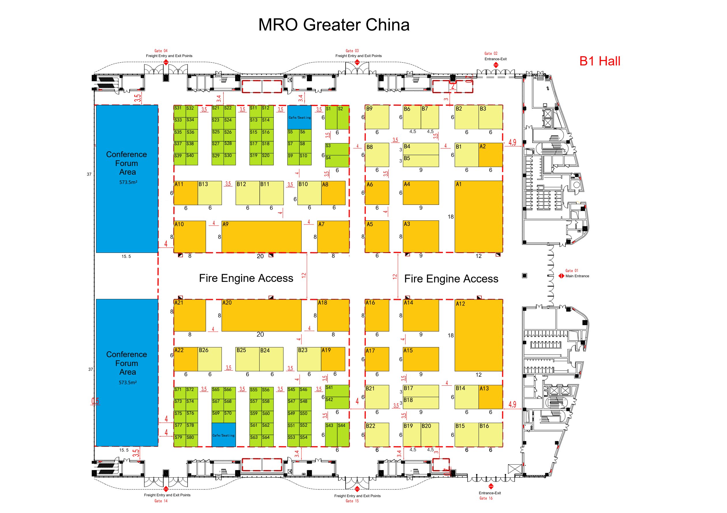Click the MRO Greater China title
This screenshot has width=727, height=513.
pyautogui.click(x=334, y=25)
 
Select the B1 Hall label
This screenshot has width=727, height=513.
pyautogui.click(x=600, y=61)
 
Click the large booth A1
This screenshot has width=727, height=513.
pyautogui.click(x=478, y=216)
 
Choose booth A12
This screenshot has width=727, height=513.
pyautogui.click(x=478, y=335)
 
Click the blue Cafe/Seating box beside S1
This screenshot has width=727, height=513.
pyautogui.click(x=299, y=117)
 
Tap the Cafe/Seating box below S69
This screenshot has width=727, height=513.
pyautogui.click(x=224, y=435)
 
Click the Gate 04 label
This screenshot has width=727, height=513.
pyautogui.click(x=161, y=51)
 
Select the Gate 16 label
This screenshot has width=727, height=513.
pyautogui.click(x=486, y=498)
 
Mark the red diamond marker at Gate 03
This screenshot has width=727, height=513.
pyautogui.click(x=357, y=62)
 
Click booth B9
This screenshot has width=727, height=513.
pyautogui.click(x=377, y=117)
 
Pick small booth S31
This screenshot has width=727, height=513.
pyautogui.click(x=180, y=111)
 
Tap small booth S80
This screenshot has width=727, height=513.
pyautogui.click(x=192, y=441)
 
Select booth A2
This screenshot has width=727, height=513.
pyautogui.click(x=490, y=155)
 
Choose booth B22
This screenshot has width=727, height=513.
pyautogui.click(x=377, y=435)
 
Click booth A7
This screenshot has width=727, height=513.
pyautogui.click(x=333, y=237)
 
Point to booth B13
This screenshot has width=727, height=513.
pyautogui.click(x=210, y=193)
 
